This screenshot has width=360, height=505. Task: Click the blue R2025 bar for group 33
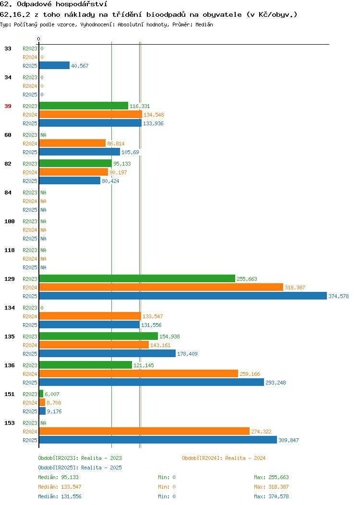pyautogui.click(x=54, y=65)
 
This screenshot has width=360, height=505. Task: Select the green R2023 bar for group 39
pyautogui.click(x=84, y=106)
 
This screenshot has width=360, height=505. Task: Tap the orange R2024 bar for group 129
pyautogui.click(x=161, y=287)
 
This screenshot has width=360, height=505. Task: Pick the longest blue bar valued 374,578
pyautogui.click(x=183, y=296)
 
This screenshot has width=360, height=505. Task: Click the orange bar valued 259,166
pyautogui.click(x=139, y=373)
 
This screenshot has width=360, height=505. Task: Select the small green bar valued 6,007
pyautogui.click(x=41, y=394)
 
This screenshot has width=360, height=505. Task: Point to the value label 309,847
pyautogui.click(x=288, y=440)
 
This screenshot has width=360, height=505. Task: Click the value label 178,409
pyautogui.click(x=187, y=354)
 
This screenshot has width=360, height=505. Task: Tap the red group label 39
pyautogui.click(x=8, y=106)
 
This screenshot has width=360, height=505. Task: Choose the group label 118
pyautogui.click(x=10, y=250)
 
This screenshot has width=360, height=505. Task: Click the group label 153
pyautogui.click(x=10, y=423)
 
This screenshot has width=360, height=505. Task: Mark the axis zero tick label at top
pyautogui.click(x=39, y=39)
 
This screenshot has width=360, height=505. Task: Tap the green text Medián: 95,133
pyautogui.click(x=58, y=477)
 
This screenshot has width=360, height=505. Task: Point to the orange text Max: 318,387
pyautogui.click(x=272, y=487)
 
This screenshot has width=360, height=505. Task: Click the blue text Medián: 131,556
pyautogui.click(x=60, y=497)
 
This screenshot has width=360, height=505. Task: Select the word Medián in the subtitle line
pyautogui.click(x=204, y=24)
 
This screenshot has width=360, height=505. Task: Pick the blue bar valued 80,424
pyautogui.click(x=70, y=180)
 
